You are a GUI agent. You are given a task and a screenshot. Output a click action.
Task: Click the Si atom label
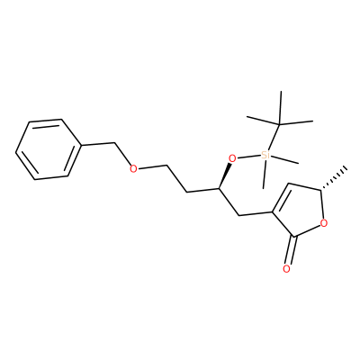point(265,155)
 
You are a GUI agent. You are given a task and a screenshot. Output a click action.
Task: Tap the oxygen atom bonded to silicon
point(232,157)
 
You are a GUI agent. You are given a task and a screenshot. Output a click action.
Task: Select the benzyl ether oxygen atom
point(133,169)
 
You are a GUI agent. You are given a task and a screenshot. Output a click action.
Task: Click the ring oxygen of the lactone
point(324,223)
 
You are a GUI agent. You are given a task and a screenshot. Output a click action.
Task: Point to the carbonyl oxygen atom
point(287,269)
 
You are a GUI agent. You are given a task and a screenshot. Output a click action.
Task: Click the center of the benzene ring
point(49,149)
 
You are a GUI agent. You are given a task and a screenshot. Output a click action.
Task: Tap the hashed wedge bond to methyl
point(334,178)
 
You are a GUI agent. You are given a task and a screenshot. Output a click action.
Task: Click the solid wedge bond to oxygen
point(224,175)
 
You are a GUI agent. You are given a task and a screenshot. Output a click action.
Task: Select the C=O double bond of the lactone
point(291,250)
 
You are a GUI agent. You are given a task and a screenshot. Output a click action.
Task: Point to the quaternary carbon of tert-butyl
point(279,124)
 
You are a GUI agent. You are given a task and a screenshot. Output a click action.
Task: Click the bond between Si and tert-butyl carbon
point(274,137)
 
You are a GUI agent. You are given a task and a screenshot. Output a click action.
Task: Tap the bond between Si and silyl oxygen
point(248,157)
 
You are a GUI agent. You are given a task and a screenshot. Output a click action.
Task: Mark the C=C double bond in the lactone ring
point(281,198)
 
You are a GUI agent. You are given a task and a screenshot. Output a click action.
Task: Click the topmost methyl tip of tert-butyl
point(281,91)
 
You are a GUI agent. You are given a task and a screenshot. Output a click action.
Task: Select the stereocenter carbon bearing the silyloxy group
point(218,189)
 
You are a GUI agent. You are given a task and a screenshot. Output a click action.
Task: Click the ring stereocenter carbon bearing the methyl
point(320,190)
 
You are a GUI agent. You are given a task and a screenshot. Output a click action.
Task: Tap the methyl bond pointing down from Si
point(265,175)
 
